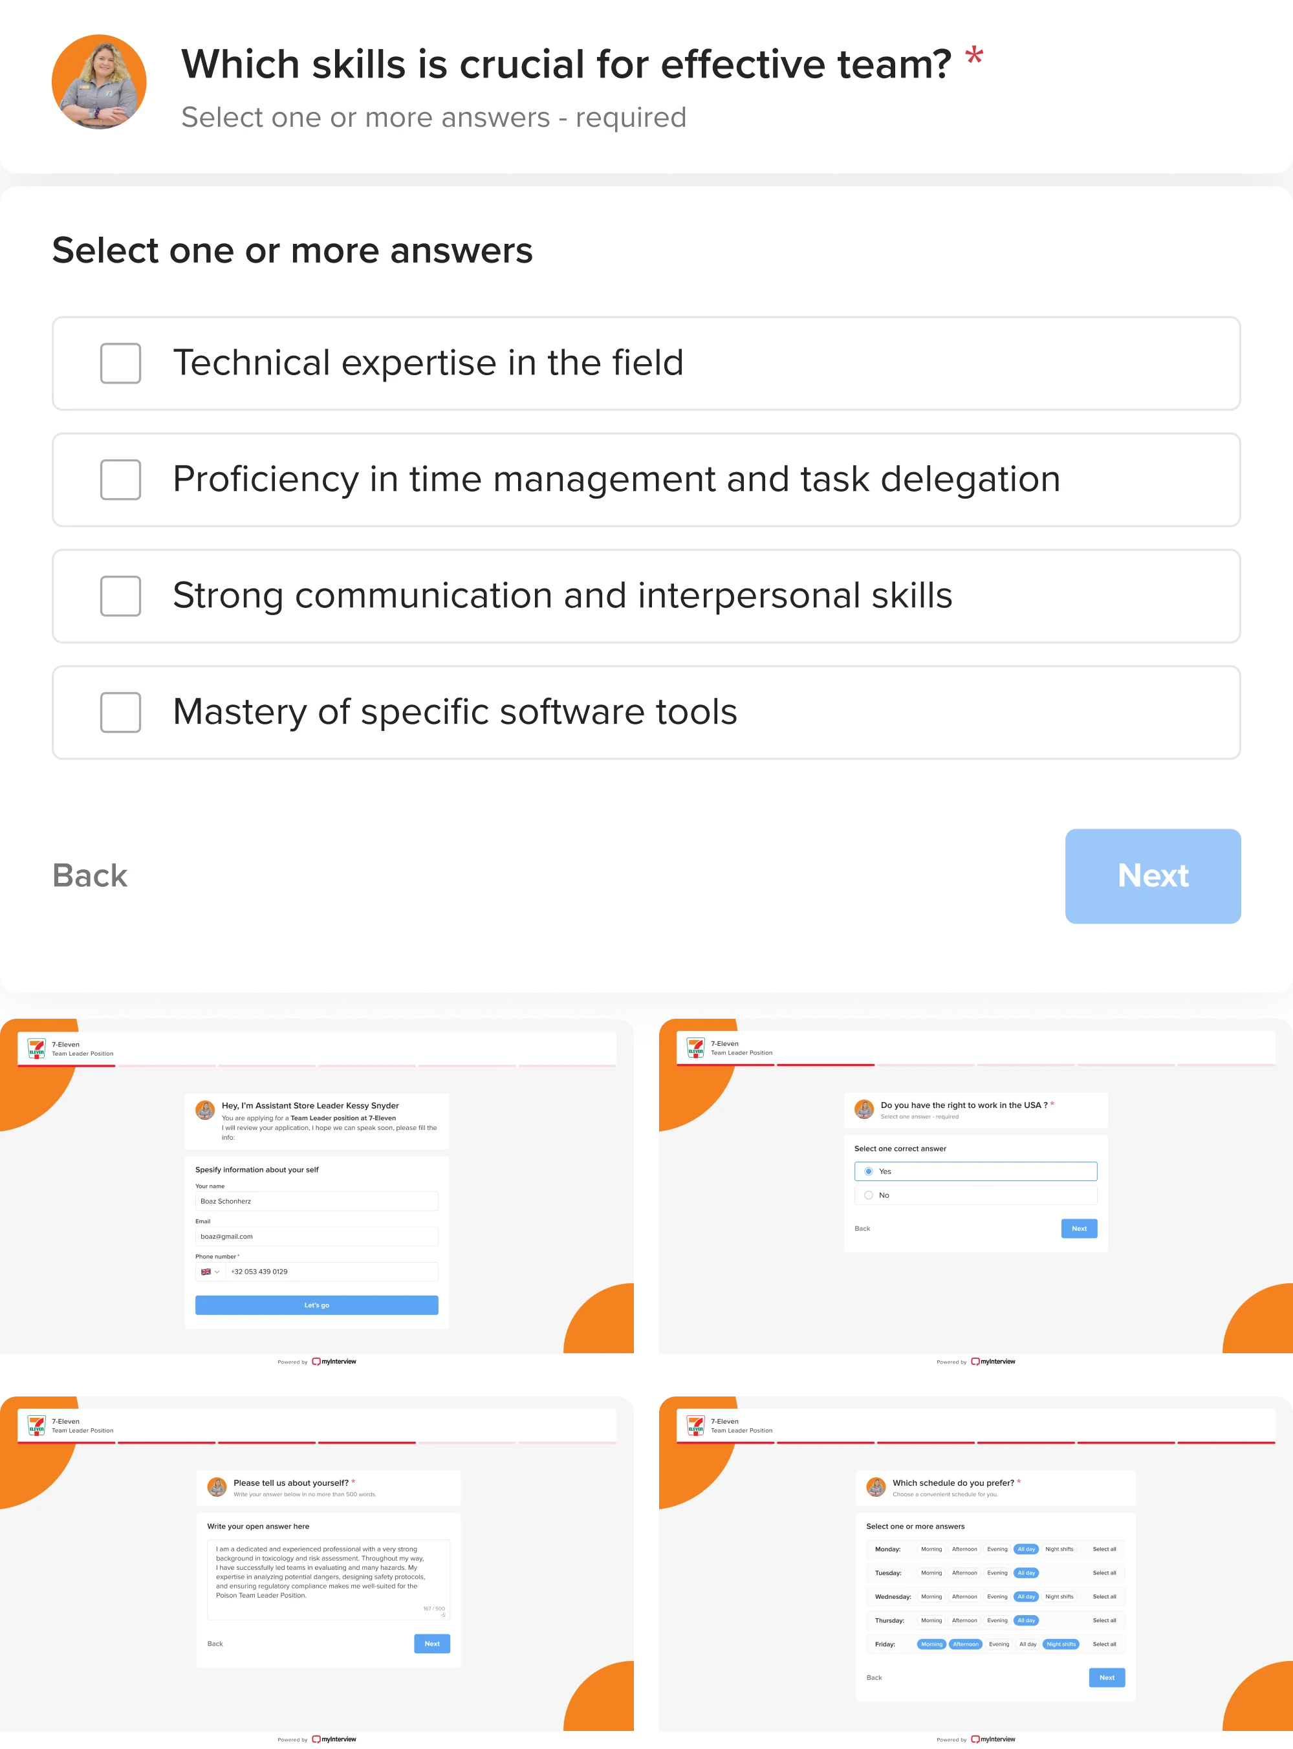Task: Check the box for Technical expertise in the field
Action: click(x=120, y=363)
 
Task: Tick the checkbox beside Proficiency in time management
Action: click(x=120, y=480)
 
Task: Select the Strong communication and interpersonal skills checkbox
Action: click(x=120, y=596)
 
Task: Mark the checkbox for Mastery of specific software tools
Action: click(x=120, y=712)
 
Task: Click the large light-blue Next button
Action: click(x=1152, y=876)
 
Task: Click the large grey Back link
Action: click(x=90, y=876)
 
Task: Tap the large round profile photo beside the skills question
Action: click(x=100, y=81)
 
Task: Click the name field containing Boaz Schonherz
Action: click(x=316, y=1201)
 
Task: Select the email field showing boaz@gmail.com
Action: click(x=316, y=1237)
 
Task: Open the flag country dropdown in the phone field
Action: click(x=210, y=1272)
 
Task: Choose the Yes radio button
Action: click(x=869, y=1171)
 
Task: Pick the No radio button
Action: click(x=869, y=1195)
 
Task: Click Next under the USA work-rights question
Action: click(x=1078, y=1228)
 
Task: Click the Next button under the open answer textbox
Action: click(x=431, y=1644)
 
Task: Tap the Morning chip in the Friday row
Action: click(x=931, y=1644)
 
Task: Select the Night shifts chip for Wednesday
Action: click(x=1059, y=1596)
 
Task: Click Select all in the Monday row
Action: click(x=1103, y=1548)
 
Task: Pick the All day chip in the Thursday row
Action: click(x=1025, y=1620)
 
